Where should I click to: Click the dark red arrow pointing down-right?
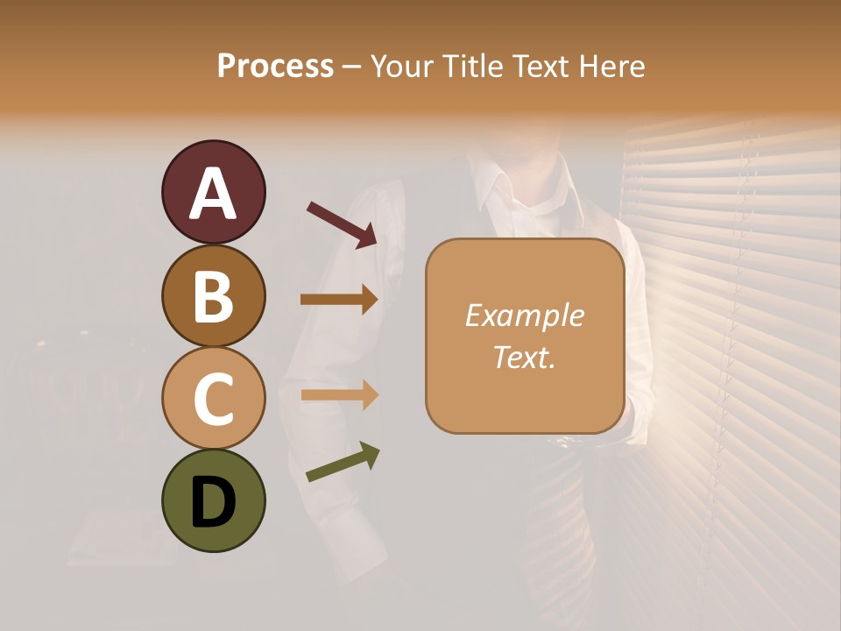coord(342,224)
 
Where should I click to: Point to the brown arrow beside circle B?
coord(339,300)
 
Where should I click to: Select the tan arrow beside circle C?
coord(339,395)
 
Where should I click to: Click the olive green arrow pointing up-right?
coord(343,463)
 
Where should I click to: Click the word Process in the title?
coord(275,66)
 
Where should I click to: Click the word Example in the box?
coord(524,315)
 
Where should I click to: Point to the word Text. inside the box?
coord(524,357)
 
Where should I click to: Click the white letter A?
coord(213,193)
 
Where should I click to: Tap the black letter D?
coord(213,502)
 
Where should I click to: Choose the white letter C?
coord(213,399)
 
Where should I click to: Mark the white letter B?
coord(213,296)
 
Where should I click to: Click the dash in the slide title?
coord(352,67)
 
